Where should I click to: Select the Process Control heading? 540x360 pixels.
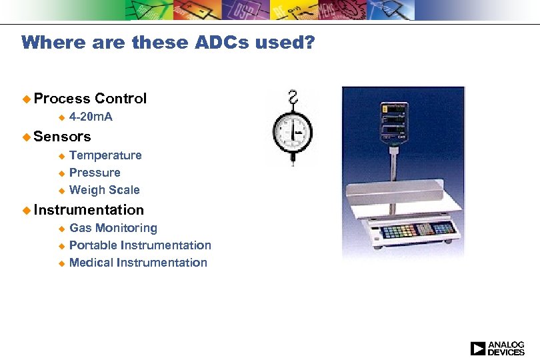[90, 99]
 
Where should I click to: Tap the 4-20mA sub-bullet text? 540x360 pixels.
[91, 117]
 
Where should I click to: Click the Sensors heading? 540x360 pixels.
[62, 137]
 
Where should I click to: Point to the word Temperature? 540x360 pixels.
[105, 155]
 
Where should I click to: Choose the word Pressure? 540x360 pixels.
[95, 173]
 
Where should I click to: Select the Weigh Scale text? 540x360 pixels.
[104, 190]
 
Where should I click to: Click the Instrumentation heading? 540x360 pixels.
[89, 210]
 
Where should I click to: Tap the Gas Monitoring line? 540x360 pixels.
[113, 228]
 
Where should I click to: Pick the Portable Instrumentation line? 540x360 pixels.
[140, 245]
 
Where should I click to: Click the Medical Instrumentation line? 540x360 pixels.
[138, 263]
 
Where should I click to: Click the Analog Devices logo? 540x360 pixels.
[497, 348]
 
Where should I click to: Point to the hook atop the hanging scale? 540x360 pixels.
[292, 97]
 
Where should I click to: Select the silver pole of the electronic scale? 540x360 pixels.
[395, 167]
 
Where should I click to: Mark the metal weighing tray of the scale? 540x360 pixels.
[393, 203]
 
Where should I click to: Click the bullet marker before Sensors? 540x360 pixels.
[26, 137]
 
